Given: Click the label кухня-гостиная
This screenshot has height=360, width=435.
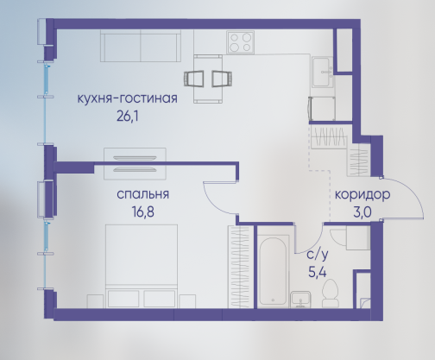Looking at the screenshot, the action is (127, 99).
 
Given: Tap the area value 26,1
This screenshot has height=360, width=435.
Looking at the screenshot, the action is (128, 117).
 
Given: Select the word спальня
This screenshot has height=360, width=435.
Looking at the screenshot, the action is (142, 195).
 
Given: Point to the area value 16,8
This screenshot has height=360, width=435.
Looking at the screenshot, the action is (143, 212).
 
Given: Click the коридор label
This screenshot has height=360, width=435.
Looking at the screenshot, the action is (362, 195).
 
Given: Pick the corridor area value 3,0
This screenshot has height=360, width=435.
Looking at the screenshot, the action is (362, 212).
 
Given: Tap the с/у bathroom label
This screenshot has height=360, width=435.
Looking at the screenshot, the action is (318, 255).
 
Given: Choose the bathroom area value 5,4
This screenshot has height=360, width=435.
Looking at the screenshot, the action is (318, 272).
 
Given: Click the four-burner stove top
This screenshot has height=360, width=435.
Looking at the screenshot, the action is (240, 42).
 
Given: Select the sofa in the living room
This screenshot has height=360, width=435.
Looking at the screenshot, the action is (141, 46).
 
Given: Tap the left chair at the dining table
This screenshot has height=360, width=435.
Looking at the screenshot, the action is (194, 79).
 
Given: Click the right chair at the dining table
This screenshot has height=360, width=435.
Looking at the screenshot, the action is (222, 79).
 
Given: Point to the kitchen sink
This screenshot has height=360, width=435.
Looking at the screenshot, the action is (322, 72).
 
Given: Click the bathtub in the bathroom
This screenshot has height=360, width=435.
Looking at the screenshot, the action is (273, 271).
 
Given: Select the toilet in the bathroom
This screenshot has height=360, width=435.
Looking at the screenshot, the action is (330, 293).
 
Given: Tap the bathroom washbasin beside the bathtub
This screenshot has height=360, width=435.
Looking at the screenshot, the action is (300, 300).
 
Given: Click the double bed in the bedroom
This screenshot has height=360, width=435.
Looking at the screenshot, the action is (142, 266).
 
